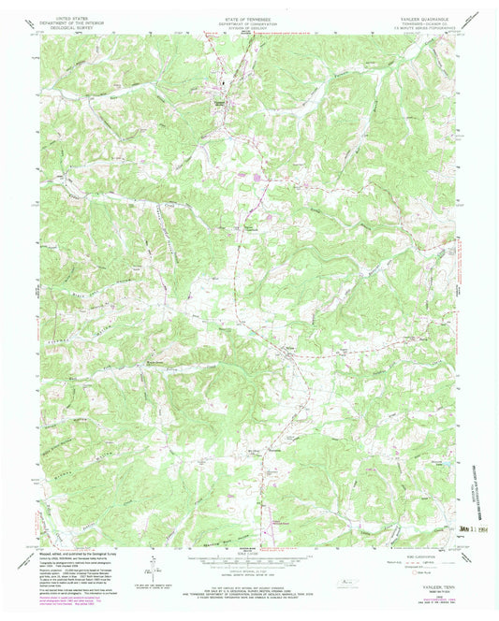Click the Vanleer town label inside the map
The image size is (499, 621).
click(x=222, y=93)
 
